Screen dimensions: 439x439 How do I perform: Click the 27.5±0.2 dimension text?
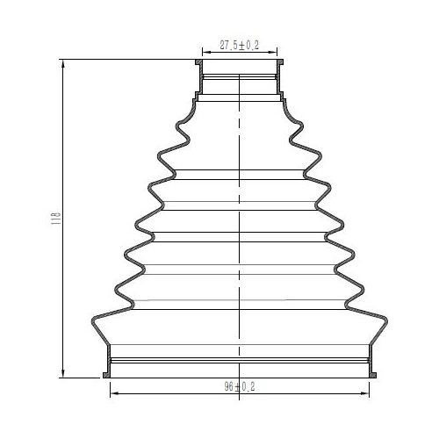240,46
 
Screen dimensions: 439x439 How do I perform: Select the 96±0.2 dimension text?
240,386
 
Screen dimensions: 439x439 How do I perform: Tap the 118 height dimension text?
55,219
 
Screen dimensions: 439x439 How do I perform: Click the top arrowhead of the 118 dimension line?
63,64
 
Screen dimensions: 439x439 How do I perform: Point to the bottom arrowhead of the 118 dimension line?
63,373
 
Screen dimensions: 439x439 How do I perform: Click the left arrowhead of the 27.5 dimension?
206,53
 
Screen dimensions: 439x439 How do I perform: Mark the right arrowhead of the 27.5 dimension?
273,53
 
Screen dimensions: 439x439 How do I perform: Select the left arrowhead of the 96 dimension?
114,393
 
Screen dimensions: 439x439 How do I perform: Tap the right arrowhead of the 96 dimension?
365,393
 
